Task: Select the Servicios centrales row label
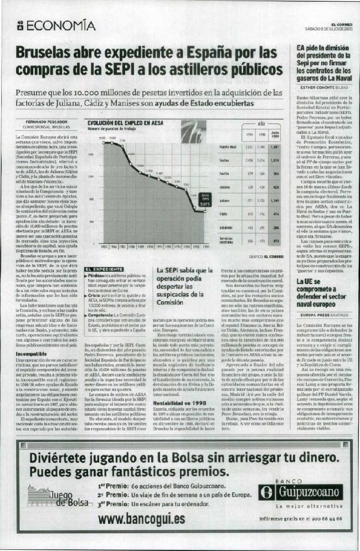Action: click(228, 240)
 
